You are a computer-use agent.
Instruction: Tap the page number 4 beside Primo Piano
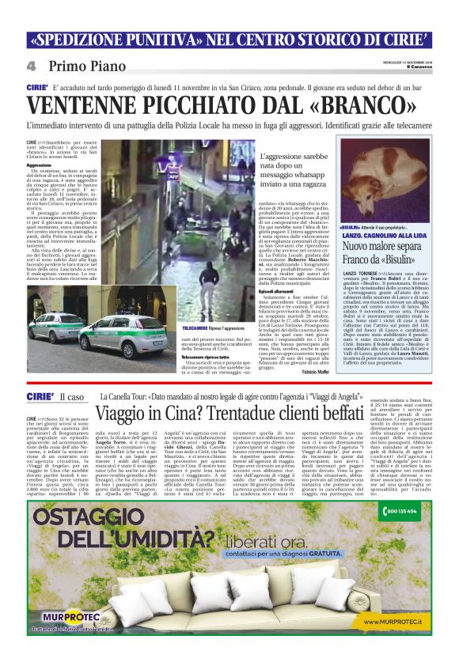click(30, 66)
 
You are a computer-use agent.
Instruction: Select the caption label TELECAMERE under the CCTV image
click(198, 326)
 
